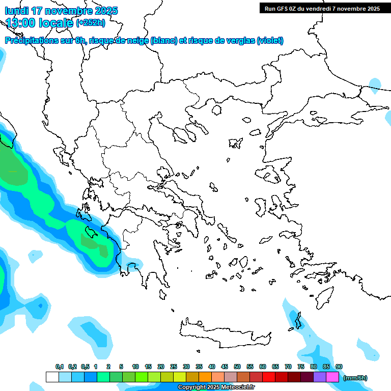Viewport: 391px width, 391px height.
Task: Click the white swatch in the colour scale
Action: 52,377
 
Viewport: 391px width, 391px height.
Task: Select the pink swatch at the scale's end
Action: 332,377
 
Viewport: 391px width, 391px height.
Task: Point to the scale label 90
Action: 339,367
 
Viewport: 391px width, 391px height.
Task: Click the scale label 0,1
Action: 60,367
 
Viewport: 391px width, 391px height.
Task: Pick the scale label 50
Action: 237,367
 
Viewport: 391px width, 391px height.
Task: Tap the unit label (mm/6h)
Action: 355,378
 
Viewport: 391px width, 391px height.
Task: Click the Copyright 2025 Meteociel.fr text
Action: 216,387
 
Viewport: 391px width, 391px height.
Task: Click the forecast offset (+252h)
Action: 91,22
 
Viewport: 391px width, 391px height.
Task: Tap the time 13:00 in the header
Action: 20,22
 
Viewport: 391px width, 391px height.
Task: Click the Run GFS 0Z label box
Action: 320,8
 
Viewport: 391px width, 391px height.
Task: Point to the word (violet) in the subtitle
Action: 270,41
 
